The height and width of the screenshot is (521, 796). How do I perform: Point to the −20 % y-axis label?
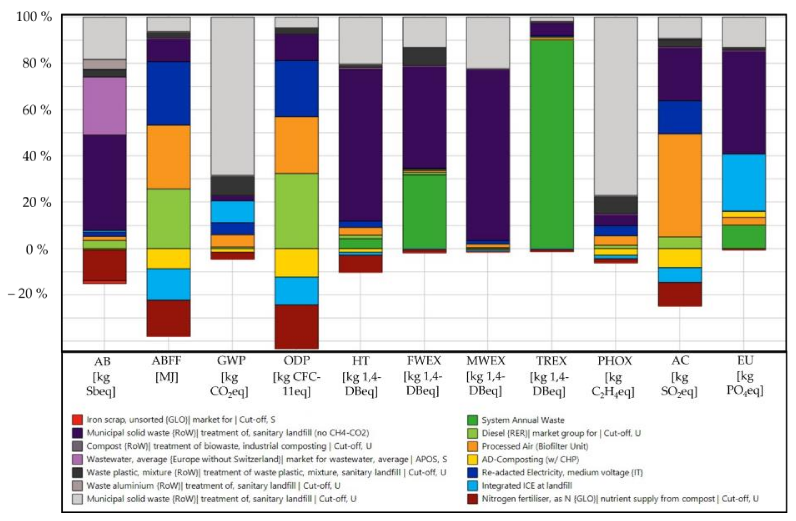tap(28, 294)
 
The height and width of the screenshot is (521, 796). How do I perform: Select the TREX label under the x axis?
tap(551, 361)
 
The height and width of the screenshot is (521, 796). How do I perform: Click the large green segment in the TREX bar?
tap(552, 144)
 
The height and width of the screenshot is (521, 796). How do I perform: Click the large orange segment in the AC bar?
tap(680, 186)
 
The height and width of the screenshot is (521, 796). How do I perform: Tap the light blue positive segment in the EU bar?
tap(743, 182)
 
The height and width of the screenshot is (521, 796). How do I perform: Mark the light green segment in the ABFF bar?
tap(168, 219)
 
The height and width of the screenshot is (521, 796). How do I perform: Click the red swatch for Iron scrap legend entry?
tap(77, 419)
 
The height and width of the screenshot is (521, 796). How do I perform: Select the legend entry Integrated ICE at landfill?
tap(526, 485)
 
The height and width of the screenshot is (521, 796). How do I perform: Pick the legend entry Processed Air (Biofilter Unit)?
tap(534, 446)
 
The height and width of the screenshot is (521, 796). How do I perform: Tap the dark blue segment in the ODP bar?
tap(296, 89)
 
